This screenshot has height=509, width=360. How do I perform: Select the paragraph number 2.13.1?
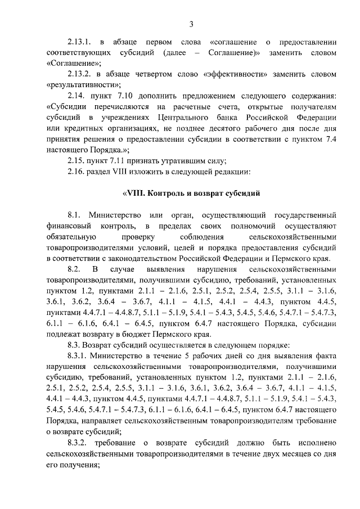(x=78, y=42)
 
